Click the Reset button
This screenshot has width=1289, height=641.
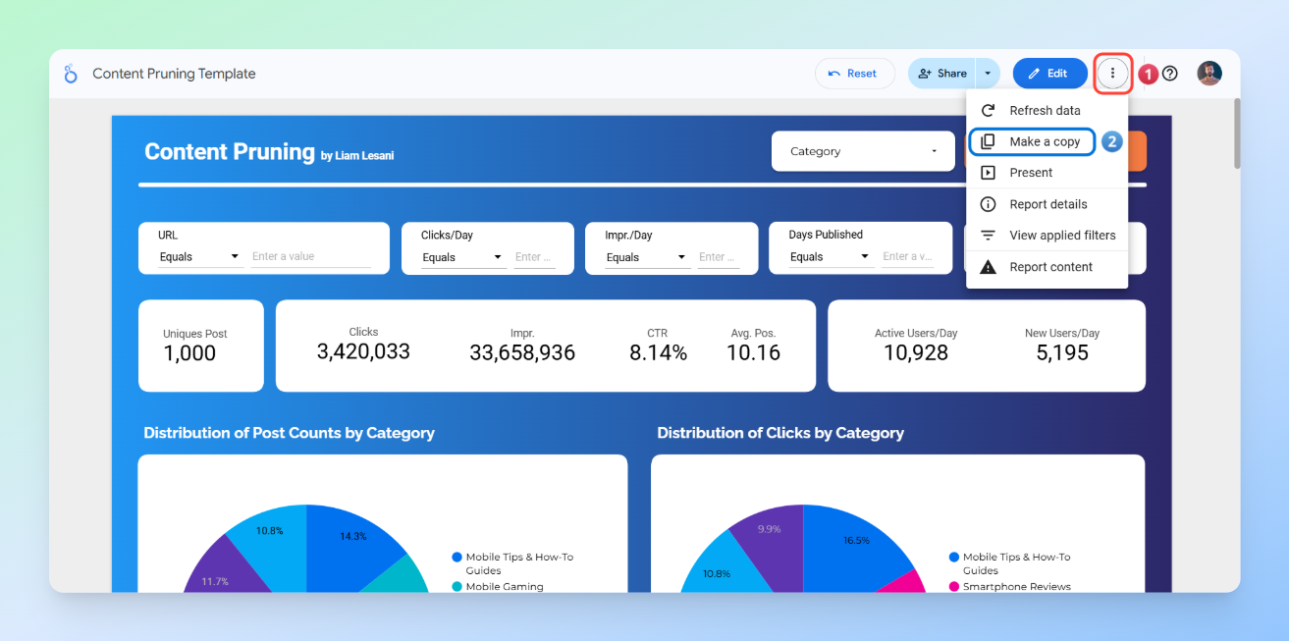click(x=854, y=74)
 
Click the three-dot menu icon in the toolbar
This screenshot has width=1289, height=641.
click(x=1112, y=74)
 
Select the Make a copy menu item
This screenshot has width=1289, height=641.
click(x=1044, y=141)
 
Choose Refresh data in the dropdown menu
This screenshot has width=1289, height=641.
click(x=1044, y=111)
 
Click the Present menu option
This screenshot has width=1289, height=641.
click(x=1030, y=173)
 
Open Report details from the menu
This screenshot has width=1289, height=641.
click(x=1047, y=204)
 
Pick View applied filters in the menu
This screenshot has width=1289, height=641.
click(x=1061, y=236)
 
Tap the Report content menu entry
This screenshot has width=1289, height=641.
click(x=1050, y=267)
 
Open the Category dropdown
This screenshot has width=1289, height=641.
click(x=863, y=151)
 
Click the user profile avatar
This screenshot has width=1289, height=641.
click(x=1209, y=74)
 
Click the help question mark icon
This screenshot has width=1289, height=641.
click(x=1169, y=74)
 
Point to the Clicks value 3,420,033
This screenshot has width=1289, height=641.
click(x=363, y=351)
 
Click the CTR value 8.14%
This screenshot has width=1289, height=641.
click(x=658, y=352)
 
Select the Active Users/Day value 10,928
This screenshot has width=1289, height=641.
click(x=915, y=352)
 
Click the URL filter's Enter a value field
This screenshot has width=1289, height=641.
click(x=309, y=256)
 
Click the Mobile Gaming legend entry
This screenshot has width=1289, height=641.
click(x=504, y=586)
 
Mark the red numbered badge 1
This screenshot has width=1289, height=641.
click(x=1147, y=74)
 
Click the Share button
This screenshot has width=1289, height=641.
click(x=941, y=74)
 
